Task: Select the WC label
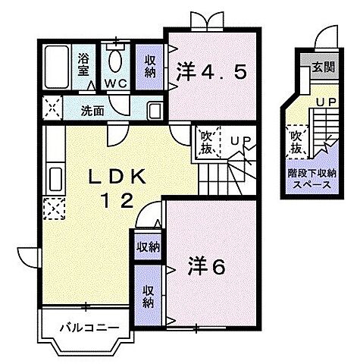click(115, 81)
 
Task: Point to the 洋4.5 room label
click(211, 72)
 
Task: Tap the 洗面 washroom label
click(93, 110)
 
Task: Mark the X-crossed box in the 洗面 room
click(52, 108)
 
